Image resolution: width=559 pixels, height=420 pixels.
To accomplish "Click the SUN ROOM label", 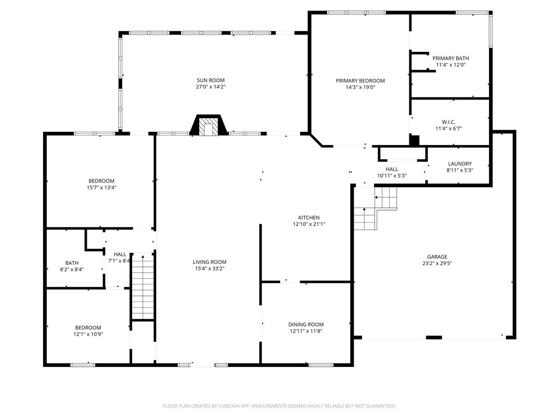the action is tap(211, 80).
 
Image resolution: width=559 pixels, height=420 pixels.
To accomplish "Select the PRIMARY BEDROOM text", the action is tap(360, 81).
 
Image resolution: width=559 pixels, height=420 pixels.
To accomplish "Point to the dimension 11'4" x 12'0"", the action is tap(450, 65).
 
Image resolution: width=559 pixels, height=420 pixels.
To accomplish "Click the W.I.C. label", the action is tap(449, 122).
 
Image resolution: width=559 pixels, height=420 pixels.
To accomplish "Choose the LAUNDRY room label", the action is tap(460, 164).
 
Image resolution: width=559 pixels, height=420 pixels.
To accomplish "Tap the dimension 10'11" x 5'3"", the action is tap(392, 176).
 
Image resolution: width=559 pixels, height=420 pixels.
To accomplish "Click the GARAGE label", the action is tap(437, 257).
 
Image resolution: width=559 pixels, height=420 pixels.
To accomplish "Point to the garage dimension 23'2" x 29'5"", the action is tap(437, 264).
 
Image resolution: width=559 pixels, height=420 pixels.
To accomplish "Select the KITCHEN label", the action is tap(309, 218).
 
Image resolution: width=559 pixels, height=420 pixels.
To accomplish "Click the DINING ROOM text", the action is tap(306, 324).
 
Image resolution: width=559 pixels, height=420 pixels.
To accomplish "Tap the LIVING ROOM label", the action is tap(209, 262).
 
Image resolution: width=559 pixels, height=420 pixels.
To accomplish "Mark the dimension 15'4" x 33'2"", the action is tap(209, 269).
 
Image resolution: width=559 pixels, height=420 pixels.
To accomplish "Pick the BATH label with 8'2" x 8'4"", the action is tap(72, 263).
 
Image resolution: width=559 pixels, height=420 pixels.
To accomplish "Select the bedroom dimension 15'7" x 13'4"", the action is tap(102, 188).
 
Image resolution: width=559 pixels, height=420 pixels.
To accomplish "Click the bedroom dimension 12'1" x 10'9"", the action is tap(88, 334).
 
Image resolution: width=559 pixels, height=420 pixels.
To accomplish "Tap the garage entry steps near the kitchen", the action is tap(375, 208).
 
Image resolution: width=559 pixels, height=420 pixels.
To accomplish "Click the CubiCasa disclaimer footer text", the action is tap(279, 406).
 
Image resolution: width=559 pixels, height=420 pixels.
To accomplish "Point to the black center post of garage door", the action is tap(434, 337).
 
